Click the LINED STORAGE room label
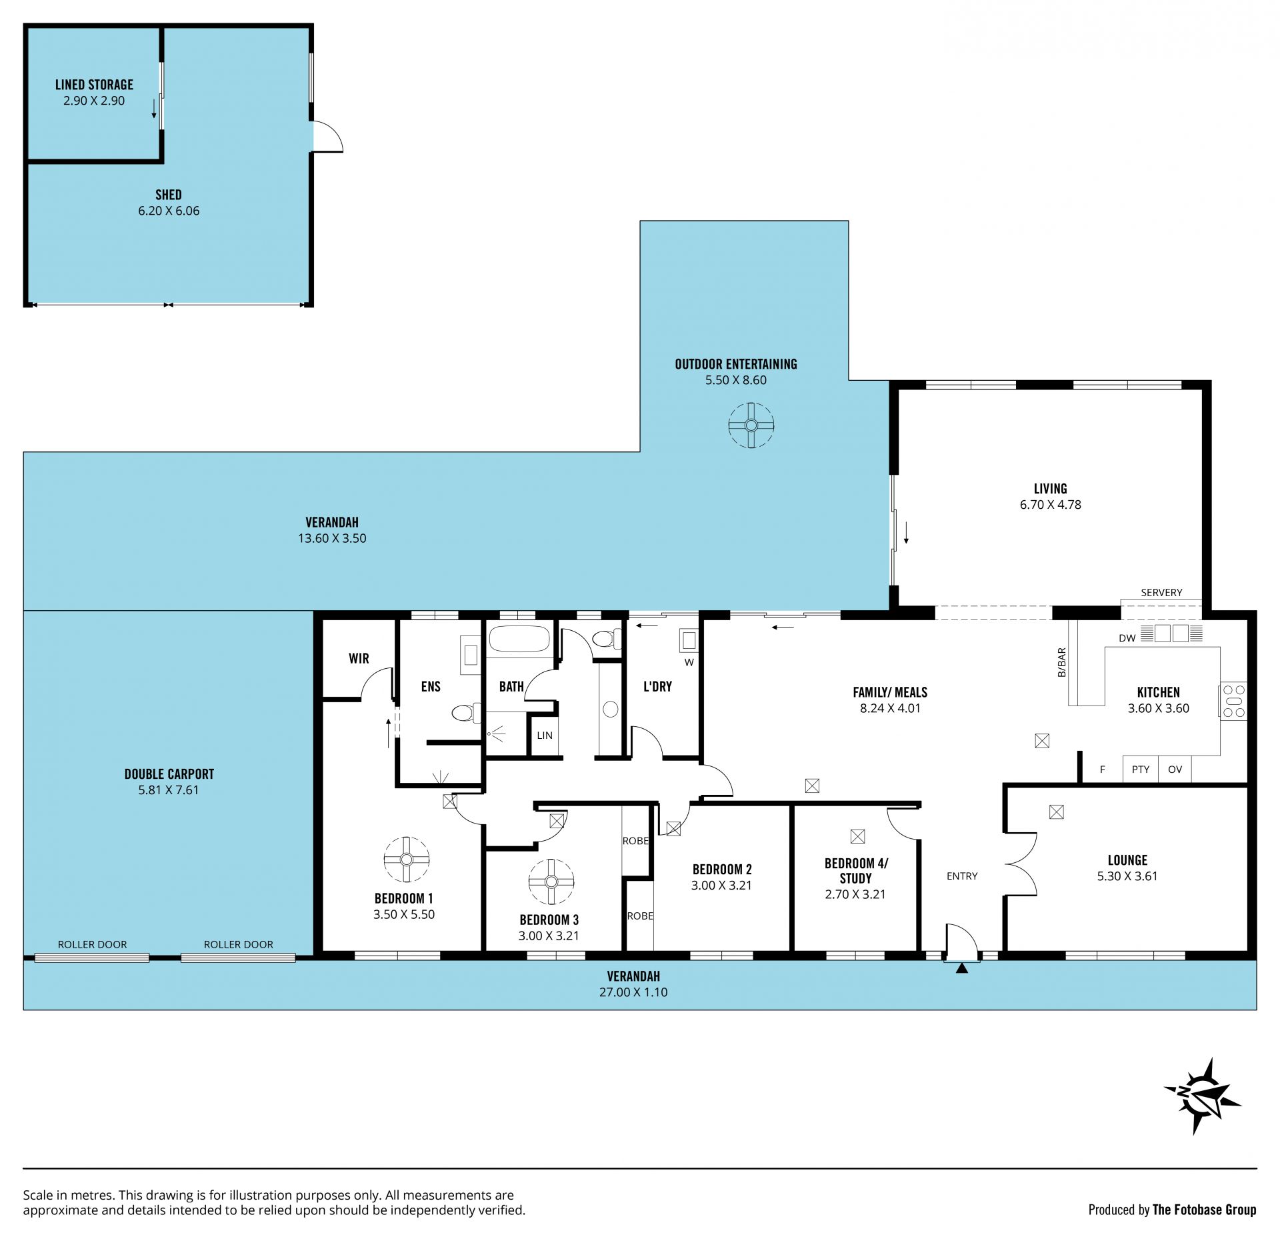[94, 85]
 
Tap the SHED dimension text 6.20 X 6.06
[169, 211]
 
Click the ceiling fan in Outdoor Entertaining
[751, 425]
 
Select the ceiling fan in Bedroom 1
[407, 860]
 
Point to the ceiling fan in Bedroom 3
[551, 882]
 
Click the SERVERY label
[1161, 592]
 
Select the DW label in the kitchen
[1127, 638]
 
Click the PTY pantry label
[1141, 769]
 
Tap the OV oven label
[1175, 769]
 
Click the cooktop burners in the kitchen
[1233, 702]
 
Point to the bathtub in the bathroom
[520, 639]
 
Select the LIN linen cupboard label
[545, 736]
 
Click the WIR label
[359, 658]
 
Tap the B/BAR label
[1061, 663]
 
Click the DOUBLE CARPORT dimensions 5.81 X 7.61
[169, 790]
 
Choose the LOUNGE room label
[1127, 860]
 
